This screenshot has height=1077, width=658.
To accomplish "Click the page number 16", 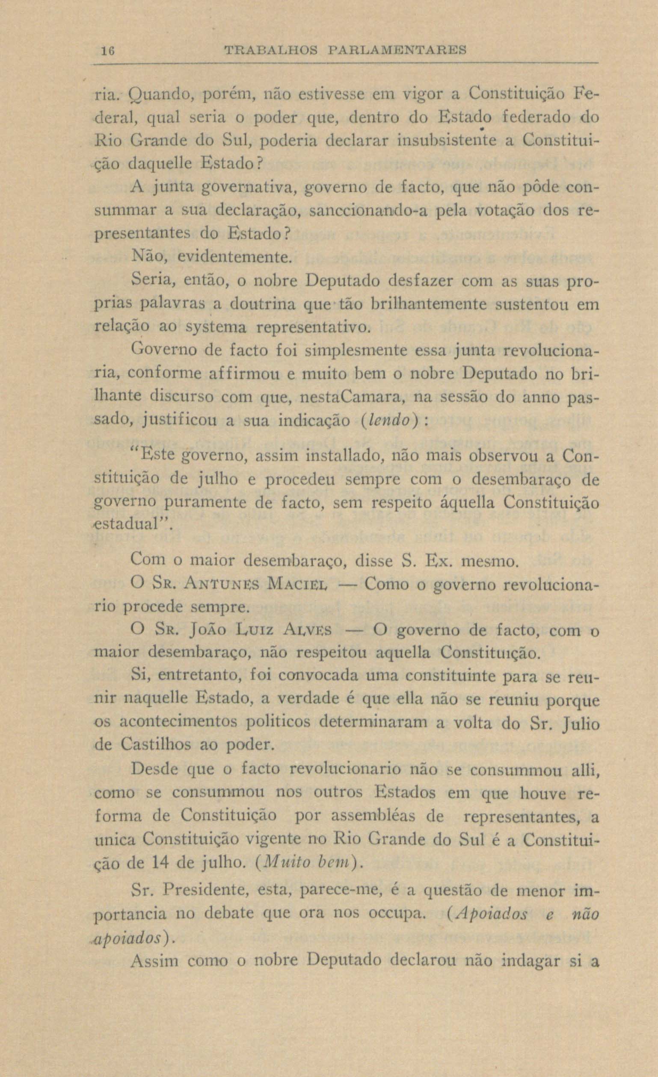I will [108, 50].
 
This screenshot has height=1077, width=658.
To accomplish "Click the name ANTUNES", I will [216, 584].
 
